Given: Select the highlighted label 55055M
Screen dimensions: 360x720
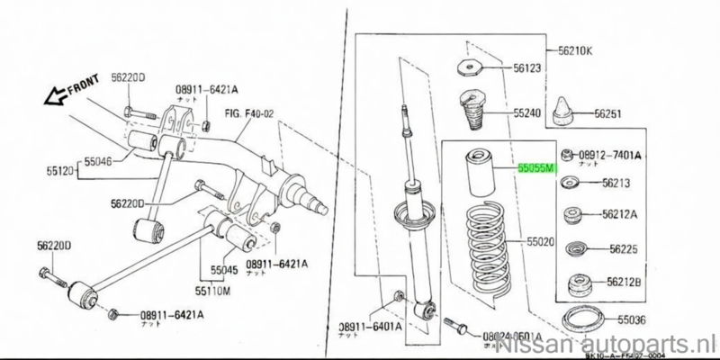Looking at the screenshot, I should click(x=537, y=167).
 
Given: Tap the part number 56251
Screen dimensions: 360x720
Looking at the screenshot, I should click(x=613, y=114).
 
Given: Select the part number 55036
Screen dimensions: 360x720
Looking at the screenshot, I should click(x=630, y=320).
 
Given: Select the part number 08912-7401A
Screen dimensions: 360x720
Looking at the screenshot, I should click(x=607, y=155).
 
